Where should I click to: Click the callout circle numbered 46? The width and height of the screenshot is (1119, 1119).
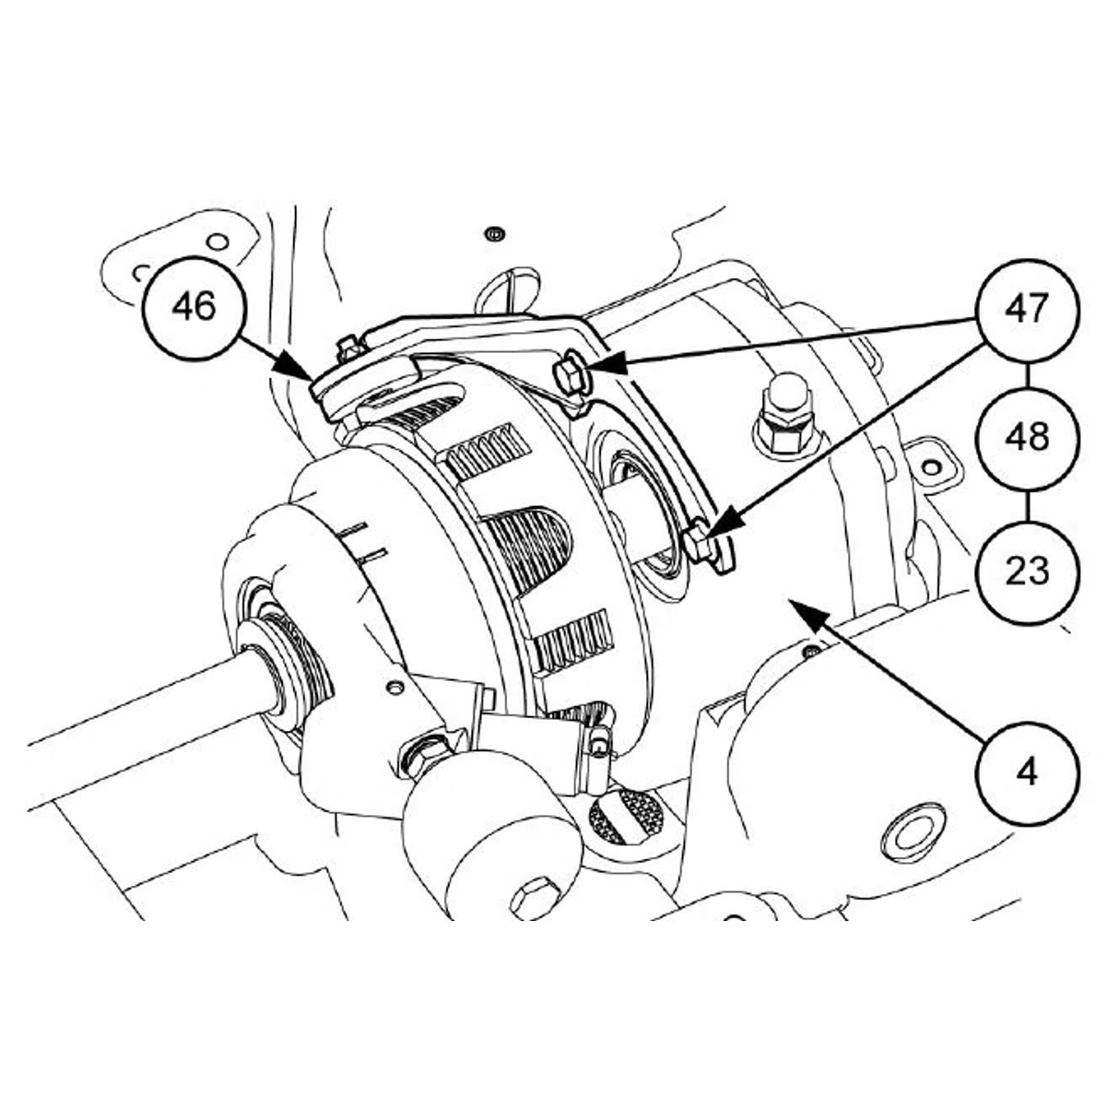click(x=194, y=307)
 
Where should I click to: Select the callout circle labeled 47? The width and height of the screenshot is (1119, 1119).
click(x=1027, y=309)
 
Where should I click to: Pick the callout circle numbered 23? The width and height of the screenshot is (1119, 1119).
click(x=1027, y=571)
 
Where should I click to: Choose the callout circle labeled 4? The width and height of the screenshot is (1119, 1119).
click(x=1027, y=771)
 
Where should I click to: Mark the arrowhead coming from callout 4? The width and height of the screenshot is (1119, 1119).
click(x=794, y=604)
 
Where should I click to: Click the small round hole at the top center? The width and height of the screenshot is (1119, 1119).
click(x=496, y=231)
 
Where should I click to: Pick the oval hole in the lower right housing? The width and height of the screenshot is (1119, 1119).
click(x=913, y=831)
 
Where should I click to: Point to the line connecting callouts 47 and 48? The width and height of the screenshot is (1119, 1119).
click(x=1027, y=372)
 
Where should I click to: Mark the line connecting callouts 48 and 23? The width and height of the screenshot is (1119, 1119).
click(x=1027, y=504)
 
